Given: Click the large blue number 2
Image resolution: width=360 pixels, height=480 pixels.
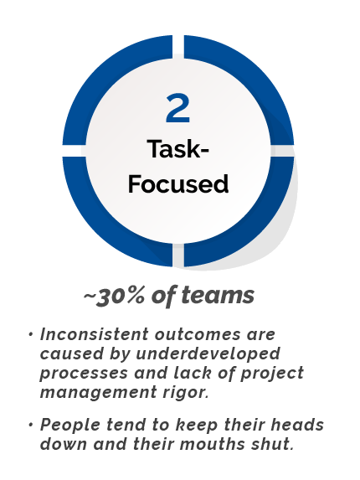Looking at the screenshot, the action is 178,108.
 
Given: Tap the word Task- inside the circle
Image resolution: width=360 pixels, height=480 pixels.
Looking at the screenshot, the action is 178,149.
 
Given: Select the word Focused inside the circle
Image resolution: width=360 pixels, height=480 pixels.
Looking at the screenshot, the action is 178,183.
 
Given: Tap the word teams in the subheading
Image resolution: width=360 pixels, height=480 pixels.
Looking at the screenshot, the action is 218,296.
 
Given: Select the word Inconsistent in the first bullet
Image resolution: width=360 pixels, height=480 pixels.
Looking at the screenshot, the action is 95,334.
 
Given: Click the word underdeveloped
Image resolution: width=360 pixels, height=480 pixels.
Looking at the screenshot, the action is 208,354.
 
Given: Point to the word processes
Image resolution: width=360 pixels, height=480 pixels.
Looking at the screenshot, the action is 84,373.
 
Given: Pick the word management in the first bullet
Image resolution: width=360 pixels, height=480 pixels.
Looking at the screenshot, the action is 98,393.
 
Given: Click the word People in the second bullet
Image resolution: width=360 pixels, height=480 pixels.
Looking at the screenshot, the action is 70,426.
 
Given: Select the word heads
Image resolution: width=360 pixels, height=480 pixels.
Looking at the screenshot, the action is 297,425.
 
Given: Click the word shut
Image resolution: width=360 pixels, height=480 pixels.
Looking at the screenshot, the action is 272,444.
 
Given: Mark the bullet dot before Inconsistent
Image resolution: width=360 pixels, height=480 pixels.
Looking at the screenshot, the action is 30,334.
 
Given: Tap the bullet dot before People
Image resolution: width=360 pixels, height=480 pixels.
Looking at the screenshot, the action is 30,426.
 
